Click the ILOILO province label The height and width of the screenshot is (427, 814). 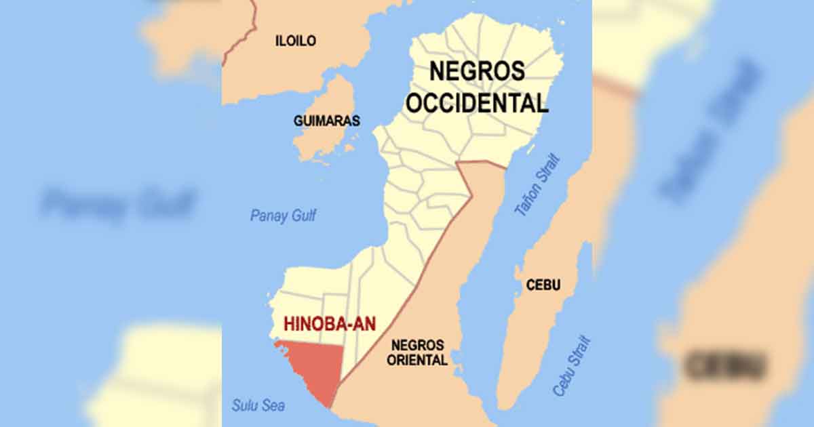[295, 41]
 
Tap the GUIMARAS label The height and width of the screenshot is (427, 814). [326, 121]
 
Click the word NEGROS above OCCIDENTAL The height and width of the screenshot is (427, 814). [478, 71]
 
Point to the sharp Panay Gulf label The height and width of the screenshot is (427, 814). [283, 216]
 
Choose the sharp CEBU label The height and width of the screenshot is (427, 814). [543, 285]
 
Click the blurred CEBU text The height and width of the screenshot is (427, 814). [725, 366]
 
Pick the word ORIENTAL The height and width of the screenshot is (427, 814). [417, 361]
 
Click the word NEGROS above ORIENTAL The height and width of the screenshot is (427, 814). [417, 345]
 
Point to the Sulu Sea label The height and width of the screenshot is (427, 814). [258, 406]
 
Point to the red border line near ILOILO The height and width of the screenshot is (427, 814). [244, 34]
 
